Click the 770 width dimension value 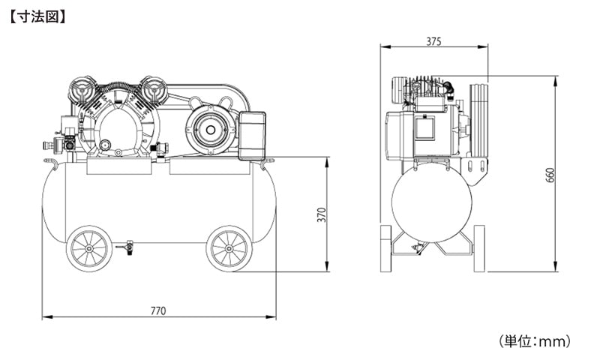pos(158,310)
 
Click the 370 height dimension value pos(322,214)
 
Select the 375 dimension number pos(434,41)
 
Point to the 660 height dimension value pos(550,175)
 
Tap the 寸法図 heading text pos(37,17)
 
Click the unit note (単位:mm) pos(535,340)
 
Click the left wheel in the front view pos(89,249)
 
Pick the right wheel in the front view pos(229,249)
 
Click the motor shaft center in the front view pos(210,130)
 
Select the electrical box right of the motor pos(252,136)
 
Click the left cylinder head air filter pos(81,91)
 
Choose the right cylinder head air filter pos(154,90)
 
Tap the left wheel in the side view pos(385,249)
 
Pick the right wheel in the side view pos(479,249)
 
